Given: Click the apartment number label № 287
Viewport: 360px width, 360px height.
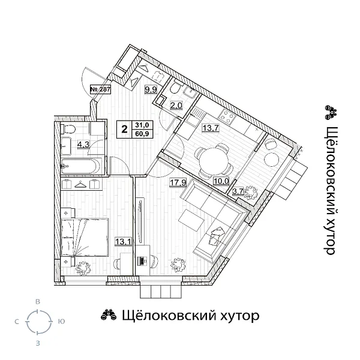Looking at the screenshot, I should (100, 89).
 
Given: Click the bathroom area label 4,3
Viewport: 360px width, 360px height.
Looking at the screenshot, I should (83, 143).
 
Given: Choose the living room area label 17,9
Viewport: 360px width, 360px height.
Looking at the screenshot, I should (177, 183).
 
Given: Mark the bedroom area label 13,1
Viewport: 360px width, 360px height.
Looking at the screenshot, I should (122, 241).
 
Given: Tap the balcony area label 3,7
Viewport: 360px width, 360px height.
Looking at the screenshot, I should (238, 191).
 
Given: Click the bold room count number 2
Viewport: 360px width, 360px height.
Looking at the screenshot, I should (125, 128).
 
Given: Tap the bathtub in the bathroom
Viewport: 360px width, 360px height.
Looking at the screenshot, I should (83, 164).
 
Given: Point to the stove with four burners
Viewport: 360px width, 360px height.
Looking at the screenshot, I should (228, 115).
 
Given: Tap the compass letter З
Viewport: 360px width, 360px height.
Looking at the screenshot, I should (38, 343).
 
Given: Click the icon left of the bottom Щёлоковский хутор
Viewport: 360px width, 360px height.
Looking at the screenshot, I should (107, 316).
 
